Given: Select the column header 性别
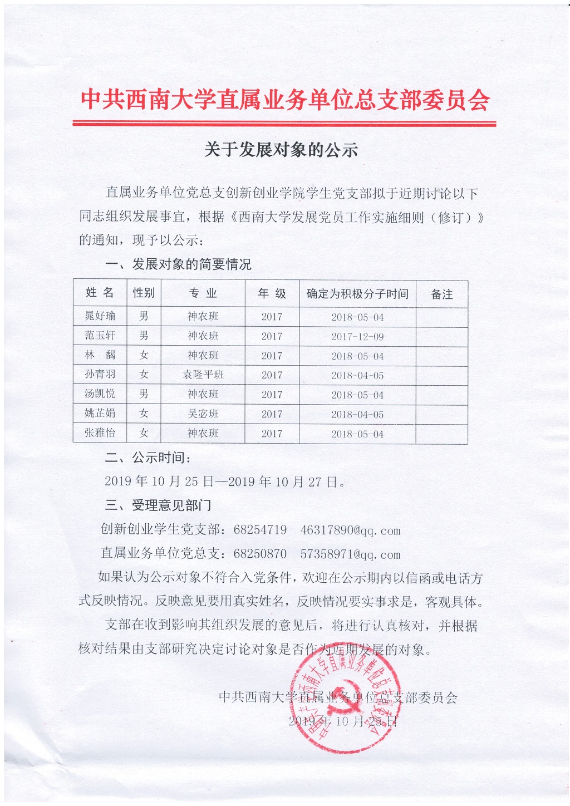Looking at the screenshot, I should [144, 293].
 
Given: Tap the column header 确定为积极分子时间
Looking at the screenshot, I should [357, 294].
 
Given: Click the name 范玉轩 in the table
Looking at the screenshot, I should [100, 336].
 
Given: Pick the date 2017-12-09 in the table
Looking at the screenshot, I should [357, 337].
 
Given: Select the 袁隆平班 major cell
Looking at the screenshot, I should [203, 375].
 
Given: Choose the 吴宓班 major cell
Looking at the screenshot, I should [203, 414].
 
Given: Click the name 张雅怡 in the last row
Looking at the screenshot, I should [100, 433].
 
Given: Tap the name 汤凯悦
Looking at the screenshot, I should [100, 394].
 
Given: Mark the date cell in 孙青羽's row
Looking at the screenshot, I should [357, 376].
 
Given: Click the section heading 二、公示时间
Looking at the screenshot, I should [148, 458].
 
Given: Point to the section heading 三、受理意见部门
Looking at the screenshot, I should [158, 505].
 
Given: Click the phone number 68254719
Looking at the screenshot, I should [260, 530].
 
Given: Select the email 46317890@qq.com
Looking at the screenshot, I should [350, 530].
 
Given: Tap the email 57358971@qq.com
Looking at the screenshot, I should [350, 554].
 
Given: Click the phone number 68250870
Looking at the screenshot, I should [260, 554].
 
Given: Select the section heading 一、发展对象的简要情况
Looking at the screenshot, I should [178, 264].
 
